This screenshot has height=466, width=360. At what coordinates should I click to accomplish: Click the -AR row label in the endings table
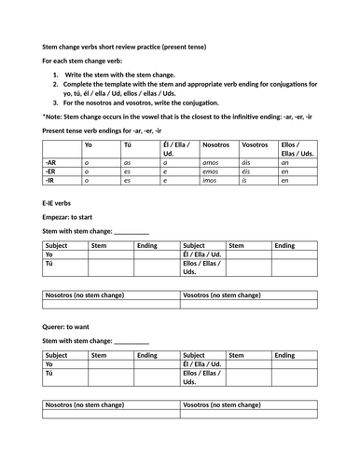pos(51,161)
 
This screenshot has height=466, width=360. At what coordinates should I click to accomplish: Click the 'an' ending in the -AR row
pos(285,161)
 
